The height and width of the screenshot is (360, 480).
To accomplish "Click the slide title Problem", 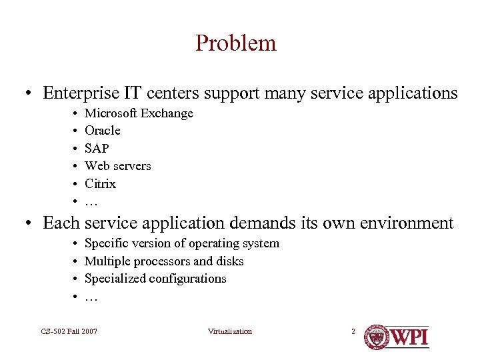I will pyautogui.click(x=235, y=43).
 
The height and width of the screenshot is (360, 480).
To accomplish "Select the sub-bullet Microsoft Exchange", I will pyautogui.click(x=139, y=113).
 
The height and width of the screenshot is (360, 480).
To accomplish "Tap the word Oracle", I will pyautogui.click(x=103, y=131).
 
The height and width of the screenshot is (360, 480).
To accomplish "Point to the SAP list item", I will pyautogui.click(x=97, y=148).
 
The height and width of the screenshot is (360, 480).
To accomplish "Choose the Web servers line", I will pyautogui.click(x=118, y=166).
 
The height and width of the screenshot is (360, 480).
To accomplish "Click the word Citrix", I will pyautogui.click(x=100, y=183).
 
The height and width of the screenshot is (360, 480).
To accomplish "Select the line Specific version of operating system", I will pyautogui.click(x=182, y=244).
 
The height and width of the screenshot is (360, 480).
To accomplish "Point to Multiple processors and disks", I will pyautogui.click(x=164, y=261).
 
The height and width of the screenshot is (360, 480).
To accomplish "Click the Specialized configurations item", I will pyautogui.click(x=155, y=279).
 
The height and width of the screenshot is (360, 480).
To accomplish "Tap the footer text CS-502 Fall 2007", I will pyautogui.click(x=69, y=331).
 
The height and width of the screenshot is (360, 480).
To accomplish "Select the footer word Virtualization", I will pyautogui.click(x=230, y=331).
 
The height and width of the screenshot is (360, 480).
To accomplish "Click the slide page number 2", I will pyautogui.click(x=353, y=331).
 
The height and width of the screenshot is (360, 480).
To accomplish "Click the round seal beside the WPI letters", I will pyautogui.click(x=376, y=337).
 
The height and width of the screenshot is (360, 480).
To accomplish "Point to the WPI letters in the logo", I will pyautogui.click(x=409, y=337).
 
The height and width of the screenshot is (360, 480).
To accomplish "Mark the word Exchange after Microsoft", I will pyautogui.click(x=167, y=113).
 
